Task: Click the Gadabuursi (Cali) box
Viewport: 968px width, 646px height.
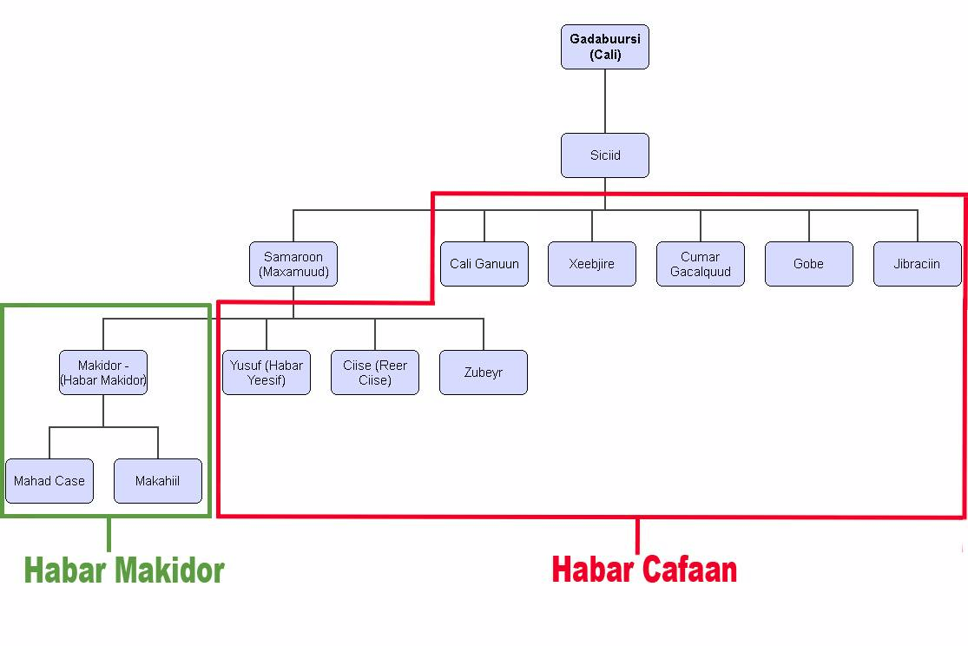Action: point(604,47)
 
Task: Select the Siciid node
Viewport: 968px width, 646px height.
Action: point(604,155)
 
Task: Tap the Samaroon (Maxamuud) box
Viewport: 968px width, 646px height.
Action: point(293,264)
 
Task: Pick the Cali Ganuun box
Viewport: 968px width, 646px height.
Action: point(484,264)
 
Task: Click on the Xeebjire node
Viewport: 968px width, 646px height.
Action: point(592,264)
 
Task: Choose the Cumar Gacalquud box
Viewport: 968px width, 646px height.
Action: point(700,264)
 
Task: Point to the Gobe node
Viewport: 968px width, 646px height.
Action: point(808,264)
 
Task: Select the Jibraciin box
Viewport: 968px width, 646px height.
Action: point(917,264)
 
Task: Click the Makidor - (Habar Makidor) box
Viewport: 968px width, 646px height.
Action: point(103,372)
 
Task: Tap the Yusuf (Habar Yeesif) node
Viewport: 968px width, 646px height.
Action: point(267,372)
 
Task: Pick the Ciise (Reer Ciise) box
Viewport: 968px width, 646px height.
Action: point(375,372)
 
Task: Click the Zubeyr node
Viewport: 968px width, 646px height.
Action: point(484,372)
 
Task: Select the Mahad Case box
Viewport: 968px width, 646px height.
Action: point(49,481)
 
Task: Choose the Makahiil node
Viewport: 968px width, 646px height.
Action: point(158,481)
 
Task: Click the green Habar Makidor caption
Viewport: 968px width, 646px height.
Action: point(124,570)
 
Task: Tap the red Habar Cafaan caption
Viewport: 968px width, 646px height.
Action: point(644,570)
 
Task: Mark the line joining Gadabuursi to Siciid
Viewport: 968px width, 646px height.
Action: point(605,101)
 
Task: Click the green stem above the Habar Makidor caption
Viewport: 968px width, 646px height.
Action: point(109,534)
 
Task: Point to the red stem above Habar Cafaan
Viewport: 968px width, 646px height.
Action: point(638,535)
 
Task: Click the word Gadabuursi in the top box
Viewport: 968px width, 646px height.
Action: point(605,39)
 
